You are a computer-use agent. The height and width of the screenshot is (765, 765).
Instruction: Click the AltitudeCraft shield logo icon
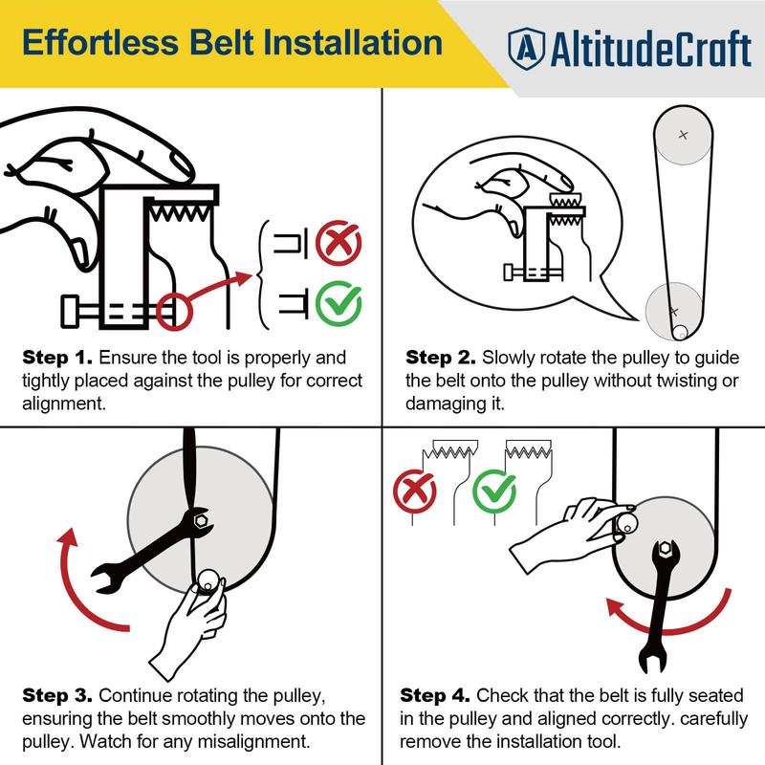526,49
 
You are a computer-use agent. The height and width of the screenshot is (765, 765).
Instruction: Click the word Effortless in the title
100,42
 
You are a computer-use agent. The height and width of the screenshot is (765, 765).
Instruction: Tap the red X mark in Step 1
339,243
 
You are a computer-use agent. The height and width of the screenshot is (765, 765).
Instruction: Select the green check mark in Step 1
339,303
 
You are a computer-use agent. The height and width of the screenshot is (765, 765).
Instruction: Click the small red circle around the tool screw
174,312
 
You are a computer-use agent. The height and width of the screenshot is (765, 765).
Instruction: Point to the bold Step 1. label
57,358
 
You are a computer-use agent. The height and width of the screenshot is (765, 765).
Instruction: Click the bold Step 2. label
441,358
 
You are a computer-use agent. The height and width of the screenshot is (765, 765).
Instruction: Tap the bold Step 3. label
57,696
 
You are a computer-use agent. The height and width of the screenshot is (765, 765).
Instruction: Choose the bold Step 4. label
435,696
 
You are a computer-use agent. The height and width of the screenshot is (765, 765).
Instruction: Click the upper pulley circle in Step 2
683,135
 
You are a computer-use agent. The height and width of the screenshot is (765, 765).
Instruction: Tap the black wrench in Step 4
658,604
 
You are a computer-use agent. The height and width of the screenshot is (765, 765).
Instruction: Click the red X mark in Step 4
415,491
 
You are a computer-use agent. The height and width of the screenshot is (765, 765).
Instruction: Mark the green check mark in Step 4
494,491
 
